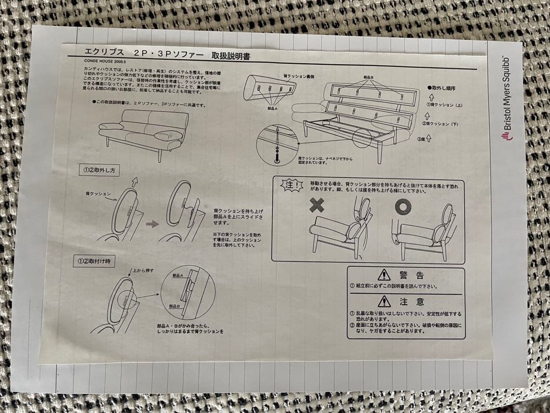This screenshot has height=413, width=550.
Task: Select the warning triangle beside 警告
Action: click(x=383, y=275)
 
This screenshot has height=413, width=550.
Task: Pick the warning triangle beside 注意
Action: click(x=384, y=301)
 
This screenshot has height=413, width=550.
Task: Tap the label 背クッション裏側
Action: click(x=298, y=76)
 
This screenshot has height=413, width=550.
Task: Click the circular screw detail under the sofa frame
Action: click(x=277, y=143)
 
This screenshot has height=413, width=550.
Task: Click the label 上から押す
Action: click(x=143, y=270)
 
